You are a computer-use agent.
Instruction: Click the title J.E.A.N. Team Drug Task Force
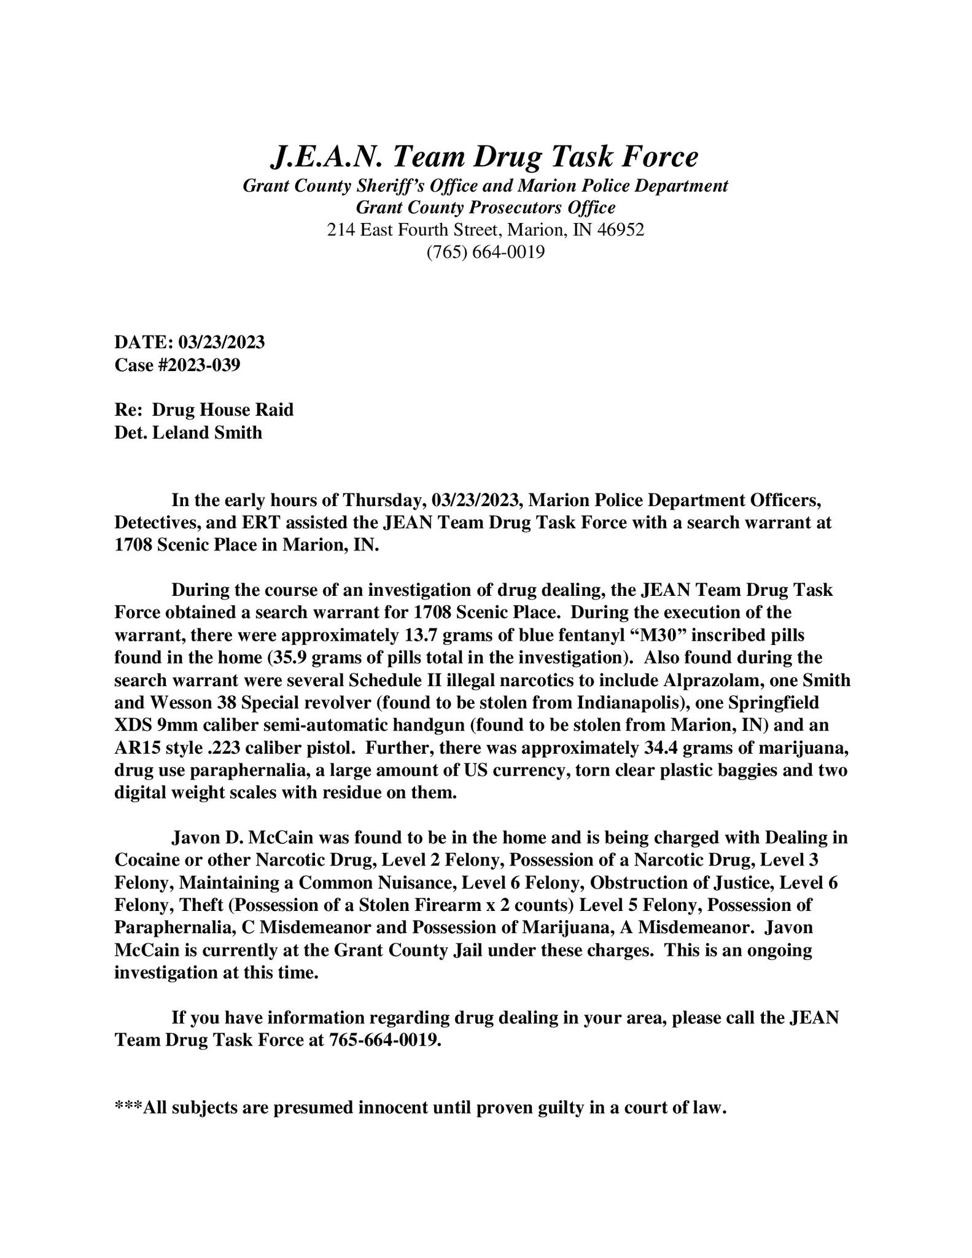click(484, 157)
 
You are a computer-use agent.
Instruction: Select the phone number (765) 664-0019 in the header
click(485, 252)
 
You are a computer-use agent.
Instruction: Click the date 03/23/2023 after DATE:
click(222, 342)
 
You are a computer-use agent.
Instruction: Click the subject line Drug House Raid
click(223, 410)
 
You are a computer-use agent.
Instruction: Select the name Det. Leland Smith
click(189, 432)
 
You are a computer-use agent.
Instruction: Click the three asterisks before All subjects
click(128, 1108)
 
